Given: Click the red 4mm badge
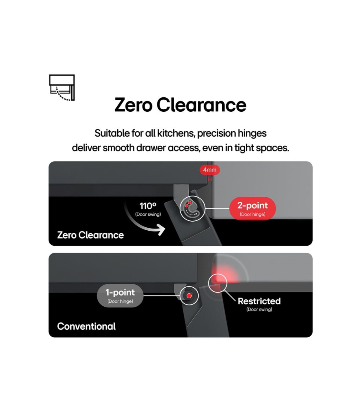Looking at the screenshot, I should [x=210, y=170].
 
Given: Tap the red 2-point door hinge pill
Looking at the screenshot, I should [x=253, y=208].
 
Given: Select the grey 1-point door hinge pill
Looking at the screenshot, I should [x=120, y=295].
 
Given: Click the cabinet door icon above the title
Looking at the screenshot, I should [x=62, y=87].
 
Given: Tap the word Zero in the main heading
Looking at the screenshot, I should [x=133, y=105].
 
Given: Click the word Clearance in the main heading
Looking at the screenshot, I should [x=201, y=105].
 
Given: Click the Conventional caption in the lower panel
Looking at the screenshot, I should [x=86, y=326].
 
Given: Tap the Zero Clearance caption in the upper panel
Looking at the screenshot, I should [x=90, y=235].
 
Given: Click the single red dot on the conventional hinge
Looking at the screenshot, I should [x=189, y=296].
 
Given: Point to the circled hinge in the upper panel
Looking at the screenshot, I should [x=192, y=209].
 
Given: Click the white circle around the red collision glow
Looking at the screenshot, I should [x=217, y=283].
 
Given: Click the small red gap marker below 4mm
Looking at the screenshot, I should [x=210, y=179].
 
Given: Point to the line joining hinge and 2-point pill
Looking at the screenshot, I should [x=217, y=208].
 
